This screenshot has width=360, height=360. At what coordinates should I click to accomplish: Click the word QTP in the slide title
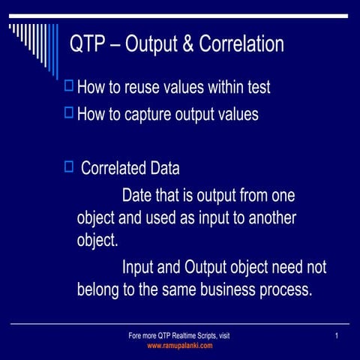(x=86, y=45)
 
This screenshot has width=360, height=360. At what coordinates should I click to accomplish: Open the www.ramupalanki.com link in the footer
(x=179, y=346)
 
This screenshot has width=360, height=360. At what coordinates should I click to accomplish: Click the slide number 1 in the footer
(x=338, y=335)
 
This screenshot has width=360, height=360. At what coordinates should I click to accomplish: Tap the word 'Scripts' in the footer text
(x=199, y=336)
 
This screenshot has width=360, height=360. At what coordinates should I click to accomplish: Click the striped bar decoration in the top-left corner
(x=34, y=45)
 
